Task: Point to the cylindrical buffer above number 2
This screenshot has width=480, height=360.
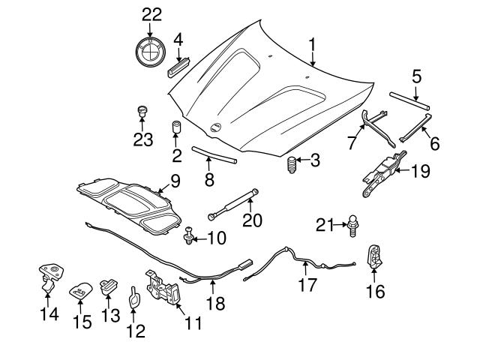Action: [178, 125]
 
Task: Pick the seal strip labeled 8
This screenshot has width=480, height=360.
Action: [214, 154]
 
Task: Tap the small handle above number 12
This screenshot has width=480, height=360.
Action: [133, 296]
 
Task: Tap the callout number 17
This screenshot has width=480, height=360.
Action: [307, 284]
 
